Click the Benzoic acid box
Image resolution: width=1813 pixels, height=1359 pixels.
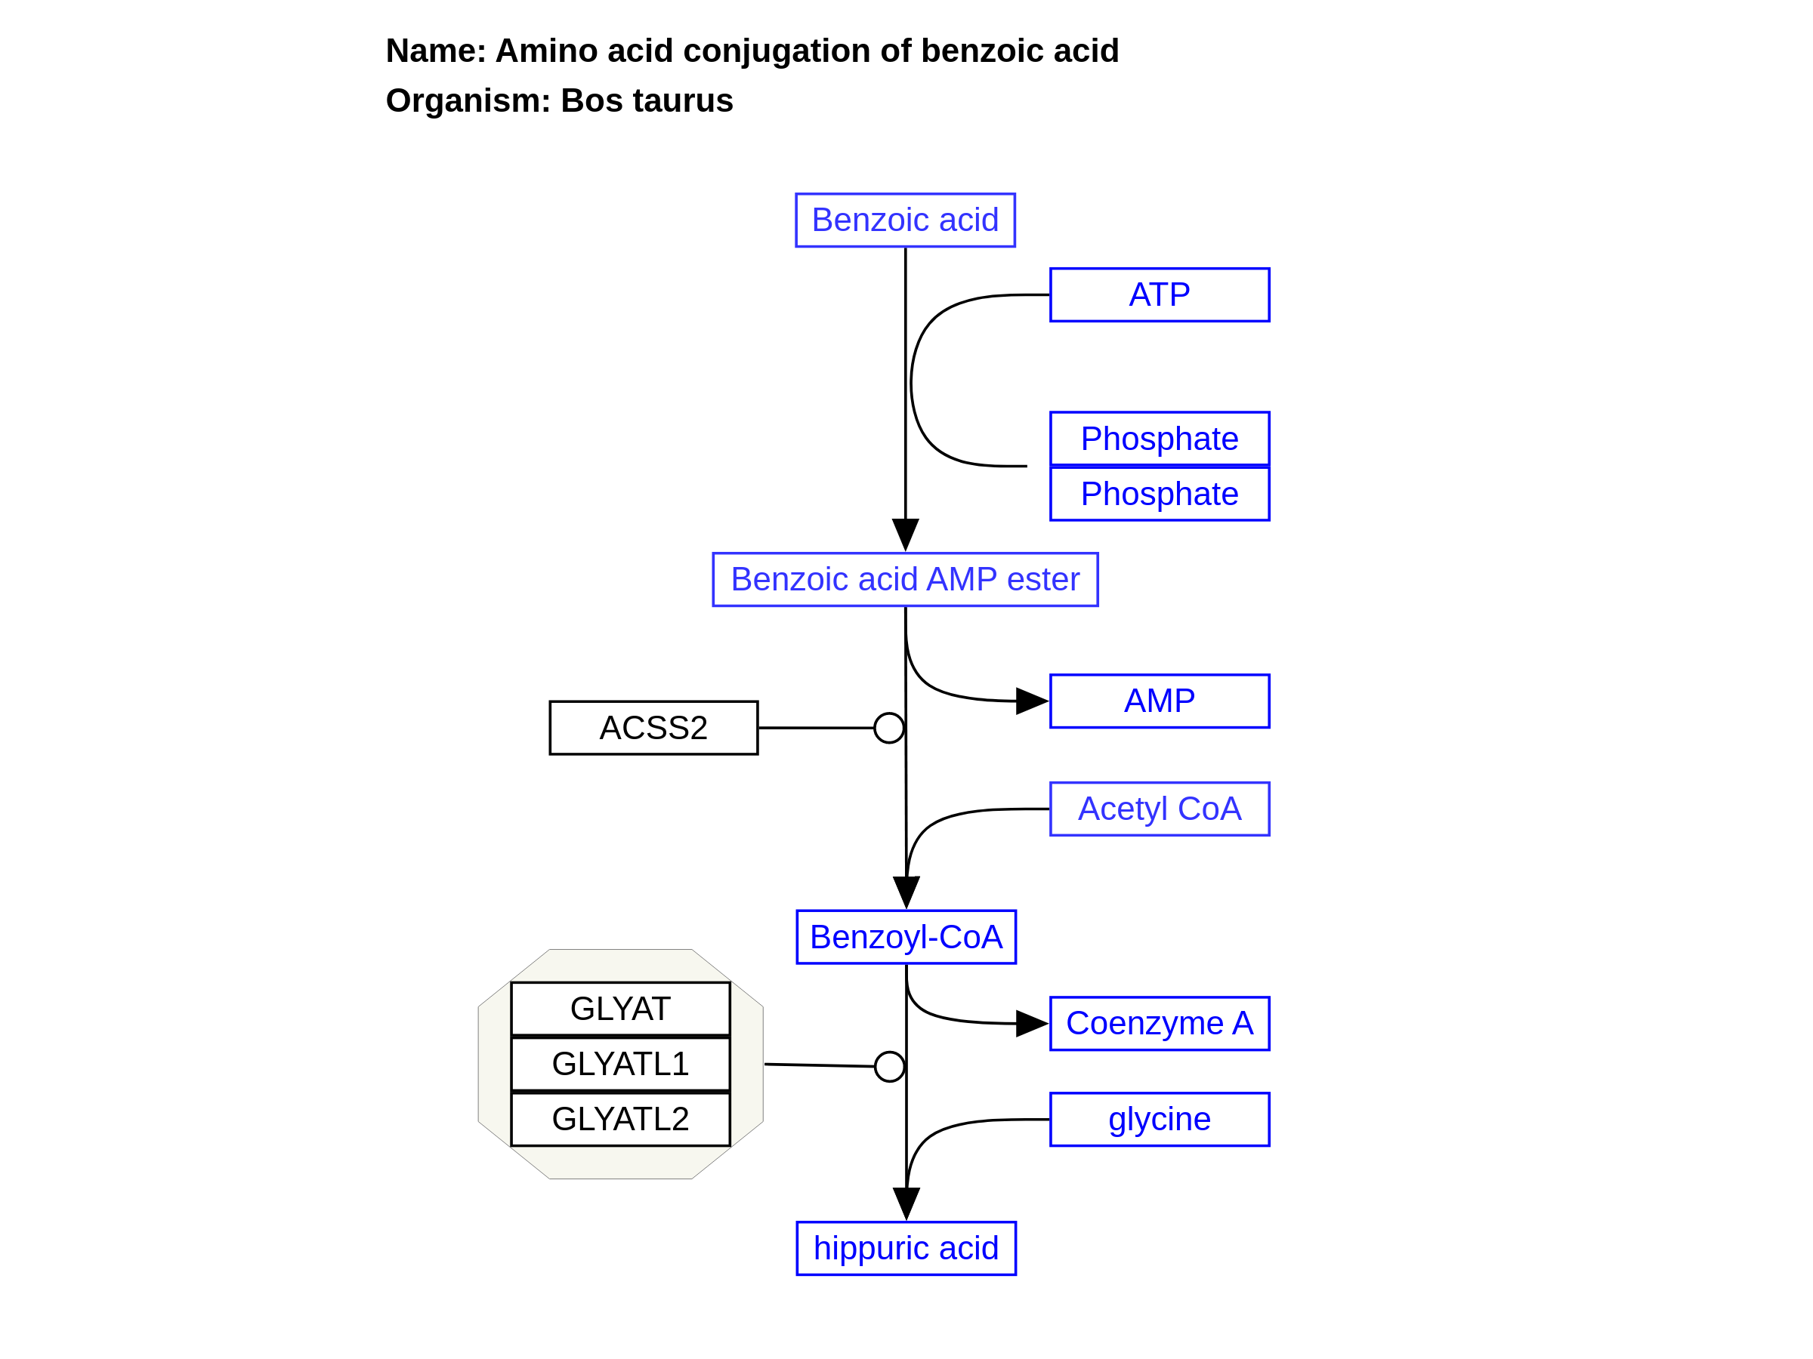pyautogui.click(x=905, y=220)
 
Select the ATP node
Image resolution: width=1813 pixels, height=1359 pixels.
pyautogui.click(x=1159, y=295)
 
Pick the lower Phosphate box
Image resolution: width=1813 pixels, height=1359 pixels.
pyautogui.click(x=1159, y=494)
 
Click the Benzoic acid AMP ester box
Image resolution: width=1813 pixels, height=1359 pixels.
pyautogui.click(x=905, y=580)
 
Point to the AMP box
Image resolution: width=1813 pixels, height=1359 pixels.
pyautogui.click(x=1159, y=701)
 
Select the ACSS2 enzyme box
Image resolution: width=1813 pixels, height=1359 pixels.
pyautogui.click(x=653, y=727)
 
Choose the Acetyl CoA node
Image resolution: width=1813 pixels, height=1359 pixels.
pyautogui.click(x=1159, y=809)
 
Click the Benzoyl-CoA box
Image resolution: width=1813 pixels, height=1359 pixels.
pyautogui.click(x=906, y=937)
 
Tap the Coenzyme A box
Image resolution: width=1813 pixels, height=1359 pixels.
pyautogui.click(x=1159, y=1024)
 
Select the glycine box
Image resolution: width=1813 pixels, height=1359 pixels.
pyautogui.click(x=1159, y=1120)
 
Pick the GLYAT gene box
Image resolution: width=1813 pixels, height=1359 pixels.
pyautogui.click(x=620, y=1009)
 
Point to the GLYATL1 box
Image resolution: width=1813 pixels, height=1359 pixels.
pyautogui.click(x=620, y=1064)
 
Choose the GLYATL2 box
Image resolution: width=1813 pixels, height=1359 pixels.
pyautogui.click(x=620, y=1119)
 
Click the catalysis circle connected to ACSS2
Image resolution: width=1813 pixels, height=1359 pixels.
pyautogui.click(x=888, y=727)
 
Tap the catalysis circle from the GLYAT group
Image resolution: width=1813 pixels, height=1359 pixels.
pyautogui.click(x=889, y=1067)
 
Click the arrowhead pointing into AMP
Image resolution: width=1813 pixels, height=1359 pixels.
pyautogui.click(x=1031, y=701)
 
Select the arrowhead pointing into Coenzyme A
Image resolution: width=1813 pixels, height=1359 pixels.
pyautogui.click(x=1031, y=1024)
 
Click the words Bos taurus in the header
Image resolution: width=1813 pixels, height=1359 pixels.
pyautogui.click(x=647, y=100)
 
